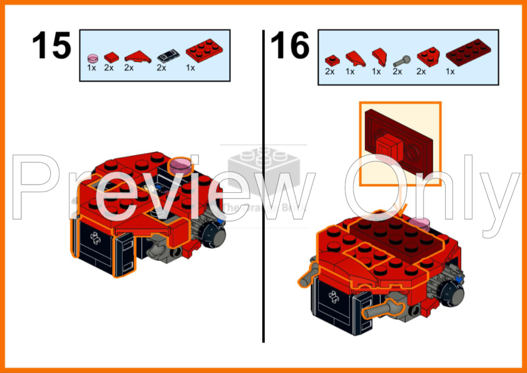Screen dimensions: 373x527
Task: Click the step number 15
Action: click(51, 46)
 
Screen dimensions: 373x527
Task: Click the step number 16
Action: click(290, 46)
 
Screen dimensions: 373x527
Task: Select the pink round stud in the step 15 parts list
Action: click(92, 56)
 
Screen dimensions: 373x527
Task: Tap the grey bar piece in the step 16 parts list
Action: click(401, 61)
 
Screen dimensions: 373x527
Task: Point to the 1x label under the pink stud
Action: click(91, 68)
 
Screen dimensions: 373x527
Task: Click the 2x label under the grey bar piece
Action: click(397, 71)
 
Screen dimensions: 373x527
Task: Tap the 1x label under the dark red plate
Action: click(450, 71)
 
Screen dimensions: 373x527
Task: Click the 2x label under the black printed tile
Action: click(161, 68)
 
